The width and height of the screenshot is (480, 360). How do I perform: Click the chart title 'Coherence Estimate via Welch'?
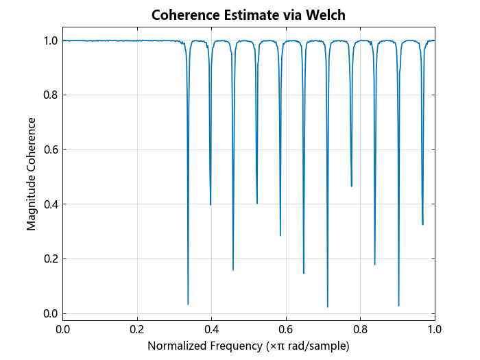click(x=248, y=15)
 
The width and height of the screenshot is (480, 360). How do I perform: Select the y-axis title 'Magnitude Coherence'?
click(x=32, y=173)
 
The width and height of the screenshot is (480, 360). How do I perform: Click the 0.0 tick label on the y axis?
click(x=49, y=313)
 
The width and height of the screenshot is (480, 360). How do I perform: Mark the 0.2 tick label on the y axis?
click(x=49, y=259)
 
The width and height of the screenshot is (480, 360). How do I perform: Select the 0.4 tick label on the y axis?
click(x=49, y=204)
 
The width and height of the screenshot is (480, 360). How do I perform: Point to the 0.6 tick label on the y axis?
click(x=49, y=149)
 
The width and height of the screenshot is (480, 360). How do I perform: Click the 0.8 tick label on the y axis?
click(x=49, y=95)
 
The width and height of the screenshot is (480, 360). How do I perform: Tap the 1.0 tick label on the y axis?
click(x=49, y=40)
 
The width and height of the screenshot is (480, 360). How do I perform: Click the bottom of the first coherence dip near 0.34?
click(x=188, y=304)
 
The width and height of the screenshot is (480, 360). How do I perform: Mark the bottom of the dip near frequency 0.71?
click(x=328, y=307)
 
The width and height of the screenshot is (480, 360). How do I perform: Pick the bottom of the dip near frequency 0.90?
click(x=398, y=305)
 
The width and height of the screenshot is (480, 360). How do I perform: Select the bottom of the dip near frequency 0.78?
click(x=352, y=186)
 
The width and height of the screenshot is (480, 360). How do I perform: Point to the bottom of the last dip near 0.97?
click(x=422, y=224)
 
